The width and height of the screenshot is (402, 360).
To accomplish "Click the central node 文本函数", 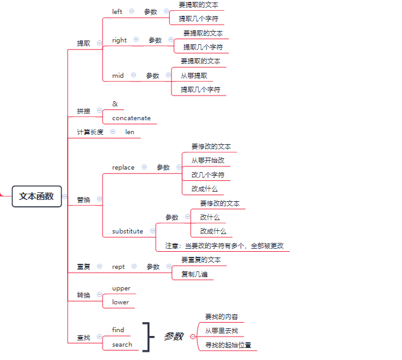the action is (x=36, y=196).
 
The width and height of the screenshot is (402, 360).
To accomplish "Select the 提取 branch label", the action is (x=84, y=44).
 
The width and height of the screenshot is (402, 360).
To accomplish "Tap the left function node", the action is (x=117, y=11).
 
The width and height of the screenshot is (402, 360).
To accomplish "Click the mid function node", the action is (x=118, y=75).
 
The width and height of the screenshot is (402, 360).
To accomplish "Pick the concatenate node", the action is (x=131, y=118).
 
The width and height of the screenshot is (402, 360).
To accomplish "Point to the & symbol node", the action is (x=115, y=104).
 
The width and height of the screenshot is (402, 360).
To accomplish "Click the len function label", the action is (x=130, y=132).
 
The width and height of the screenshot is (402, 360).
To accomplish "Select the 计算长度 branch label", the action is (x=90, y=132).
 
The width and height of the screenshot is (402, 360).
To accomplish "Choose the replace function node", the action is (x=123, y=168).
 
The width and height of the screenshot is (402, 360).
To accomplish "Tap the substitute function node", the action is (x=127, y=232).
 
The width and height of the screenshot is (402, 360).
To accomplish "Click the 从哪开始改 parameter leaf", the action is (x=208, y=160).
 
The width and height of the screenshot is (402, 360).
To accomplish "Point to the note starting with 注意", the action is (x=224, y=245).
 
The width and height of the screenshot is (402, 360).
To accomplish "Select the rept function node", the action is (x=118, y=267).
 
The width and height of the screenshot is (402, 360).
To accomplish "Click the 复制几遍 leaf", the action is (x=194, y=275).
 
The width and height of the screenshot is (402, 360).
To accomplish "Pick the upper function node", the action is (x=121, y=289).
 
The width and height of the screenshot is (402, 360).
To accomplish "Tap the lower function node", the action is (x=120, y=302).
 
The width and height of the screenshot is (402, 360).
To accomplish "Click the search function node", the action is (x=122, y=345).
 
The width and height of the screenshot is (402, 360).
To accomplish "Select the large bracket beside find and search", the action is (x=148, y=337).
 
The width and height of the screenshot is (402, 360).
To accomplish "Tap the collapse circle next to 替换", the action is (x=100, y=199).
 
